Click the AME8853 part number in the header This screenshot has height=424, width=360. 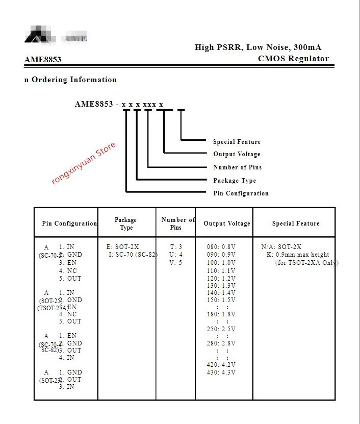pyautogui.click(x=43, y=60)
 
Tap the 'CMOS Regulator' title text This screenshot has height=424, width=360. pyautogui.click(x=293, y=58)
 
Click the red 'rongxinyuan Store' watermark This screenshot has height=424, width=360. pyautogui.click(x=84, y=163)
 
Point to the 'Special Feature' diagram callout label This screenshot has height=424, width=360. pyautogui.click(x=237, y=142)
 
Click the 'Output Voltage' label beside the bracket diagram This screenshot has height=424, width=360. pyautogui.click(x=237, y=154)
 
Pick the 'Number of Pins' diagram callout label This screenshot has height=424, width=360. pyautogui.click(x=237, y=167)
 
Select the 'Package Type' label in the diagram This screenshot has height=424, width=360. pyautogui.click(x=235, y=181)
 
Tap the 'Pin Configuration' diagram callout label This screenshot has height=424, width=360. pyautogui.click(x=241, y=193)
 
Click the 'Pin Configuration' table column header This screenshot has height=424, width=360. pyautogui.click(x=69, y=223)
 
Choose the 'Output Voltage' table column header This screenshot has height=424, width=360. pyautogui.click(x=227, y=223)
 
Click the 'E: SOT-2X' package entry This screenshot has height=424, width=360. pyautogui.click(x=122, y=247)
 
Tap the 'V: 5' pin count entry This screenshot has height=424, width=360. pyautogui.click(x=176, y=263)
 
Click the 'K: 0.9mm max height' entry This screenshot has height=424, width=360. pyautogui.click(x=298, y=255)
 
